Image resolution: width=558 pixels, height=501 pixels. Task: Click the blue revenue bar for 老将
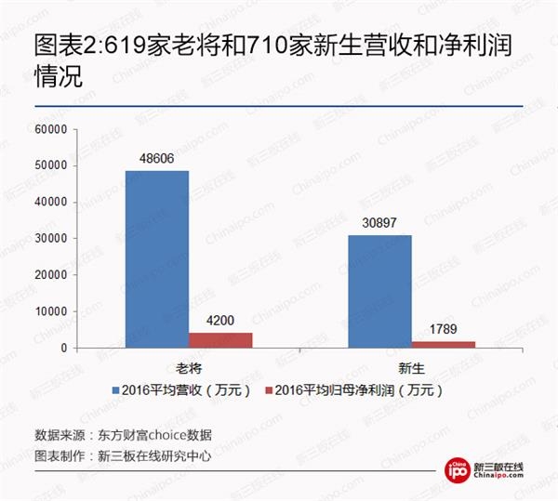(157, 259)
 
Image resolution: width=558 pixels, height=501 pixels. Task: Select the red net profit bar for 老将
(220, 340)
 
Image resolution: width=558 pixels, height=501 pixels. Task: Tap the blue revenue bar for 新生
(379, 292)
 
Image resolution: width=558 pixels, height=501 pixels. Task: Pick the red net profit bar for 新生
(444, 345)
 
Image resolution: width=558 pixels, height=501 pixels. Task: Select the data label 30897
(379, 225)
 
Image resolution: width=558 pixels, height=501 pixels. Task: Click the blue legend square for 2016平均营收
(115, 389)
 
